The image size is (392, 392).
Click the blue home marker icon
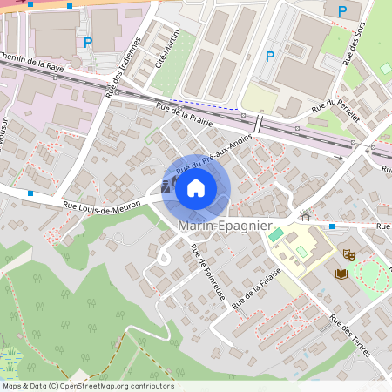coord(196,187)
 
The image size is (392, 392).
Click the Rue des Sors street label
coord(354,44)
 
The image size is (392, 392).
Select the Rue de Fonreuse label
coord(207,272)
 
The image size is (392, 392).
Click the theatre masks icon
coord(349,255)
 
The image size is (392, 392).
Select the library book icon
coord(340,274)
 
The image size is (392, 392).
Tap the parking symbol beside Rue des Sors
coord(341,10)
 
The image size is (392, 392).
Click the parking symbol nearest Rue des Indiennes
coord(87,41)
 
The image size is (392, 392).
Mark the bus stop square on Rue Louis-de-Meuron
coord(30,193)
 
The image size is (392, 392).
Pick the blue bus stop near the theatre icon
coord(332,226)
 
